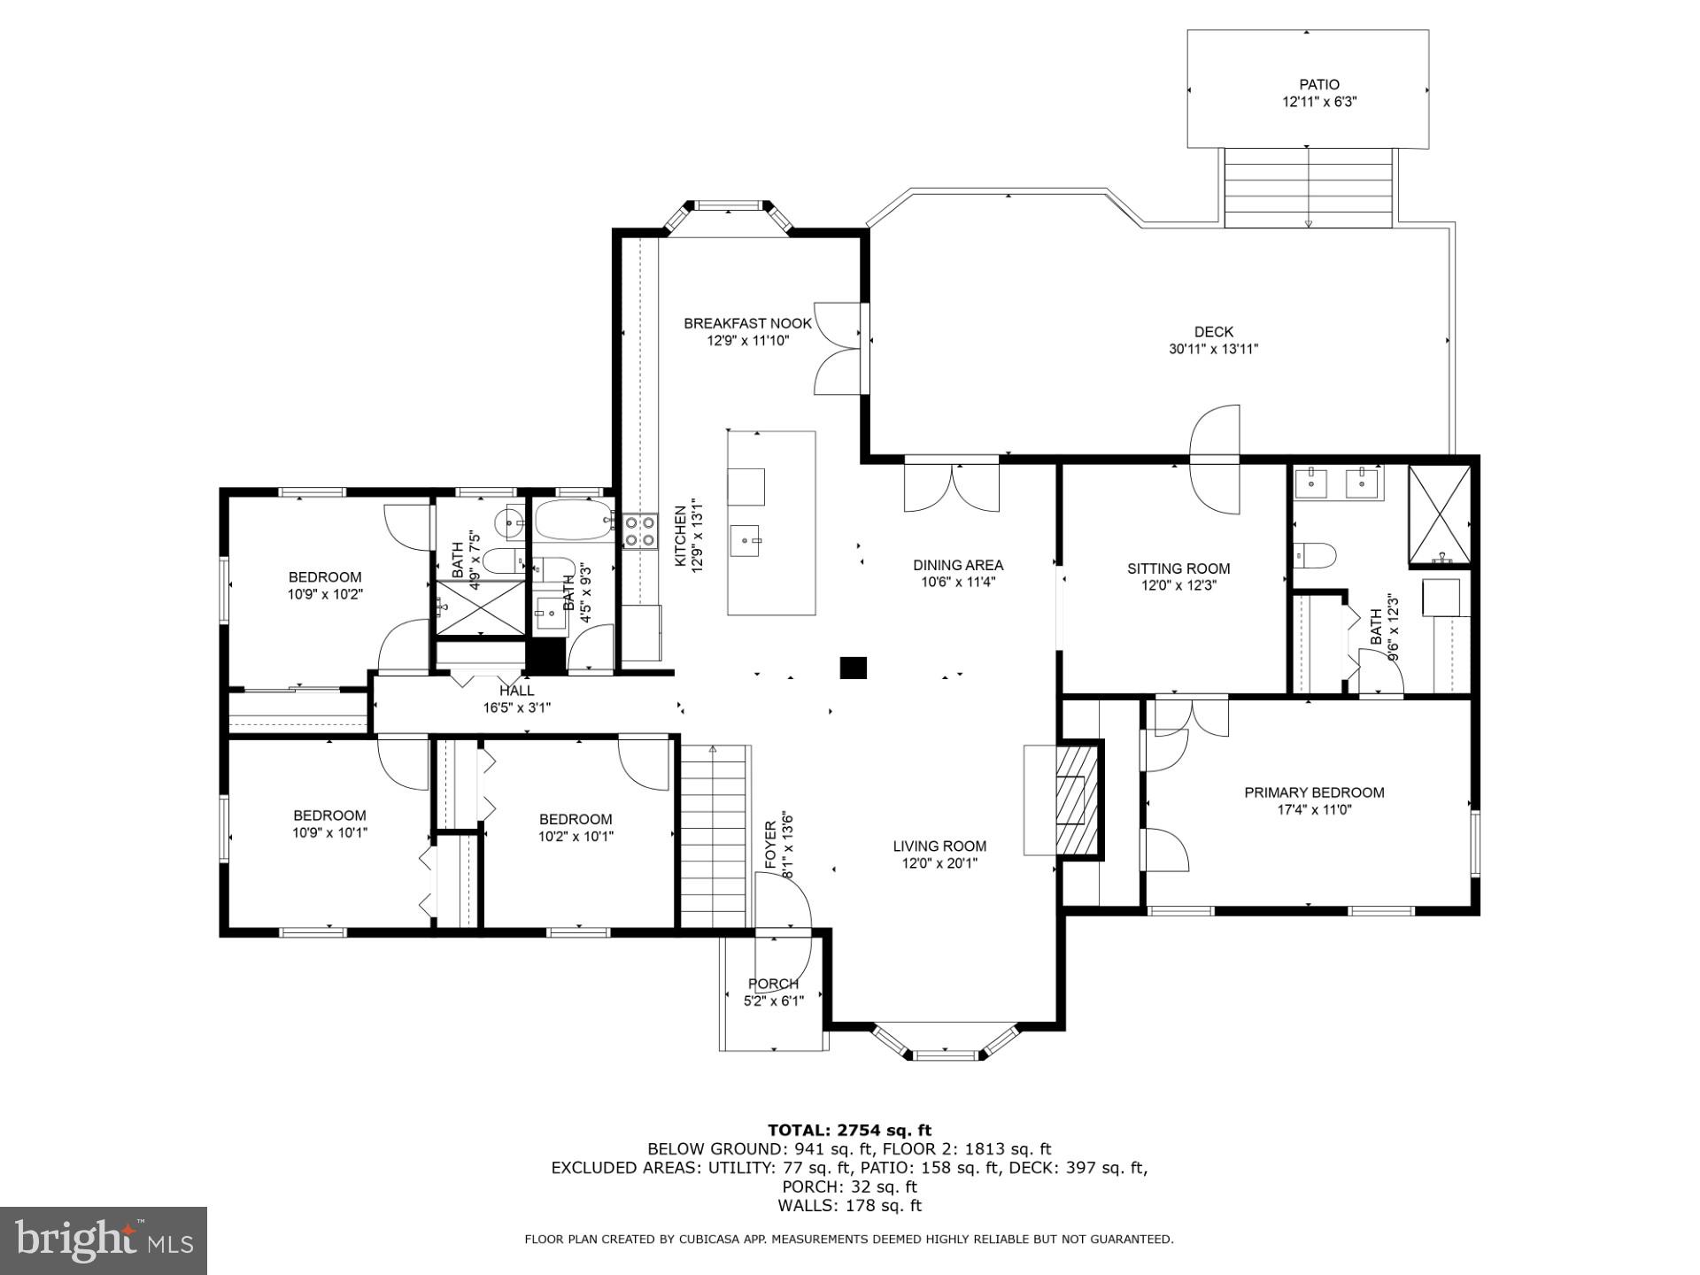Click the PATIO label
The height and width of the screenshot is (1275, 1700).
point(1318,85)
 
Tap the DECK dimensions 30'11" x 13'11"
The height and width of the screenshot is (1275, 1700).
point(1213,349)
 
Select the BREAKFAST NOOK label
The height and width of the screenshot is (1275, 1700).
point(747,323)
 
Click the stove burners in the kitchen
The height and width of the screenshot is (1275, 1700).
point(639,531)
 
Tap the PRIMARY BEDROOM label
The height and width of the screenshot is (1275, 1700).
point(1314,792)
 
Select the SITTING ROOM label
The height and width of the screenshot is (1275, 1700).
point(1178,568)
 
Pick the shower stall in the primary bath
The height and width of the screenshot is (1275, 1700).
point(1439,514)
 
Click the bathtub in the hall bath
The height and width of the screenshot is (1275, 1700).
point(574,519)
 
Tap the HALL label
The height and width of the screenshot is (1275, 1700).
point(516,691)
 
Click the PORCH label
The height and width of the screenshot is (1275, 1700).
point(773,984)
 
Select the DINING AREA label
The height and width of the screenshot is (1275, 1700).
point(958,565)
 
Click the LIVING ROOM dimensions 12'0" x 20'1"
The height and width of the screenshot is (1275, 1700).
point(939,863)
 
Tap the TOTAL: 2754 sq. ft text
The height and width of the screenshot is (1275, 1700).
point(849,1130)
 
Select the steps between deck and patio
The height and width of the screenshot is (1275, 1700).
point(1308,188)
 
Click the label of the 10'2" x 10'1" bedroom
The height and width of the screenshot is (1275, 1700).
point(576,819)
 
